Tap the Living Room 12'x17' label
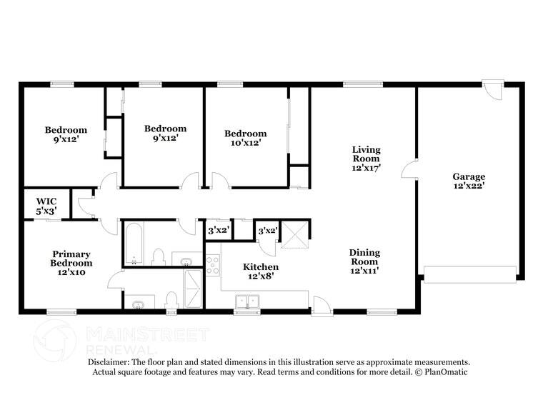[366, 159]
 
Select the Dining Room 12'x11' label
[364, 261]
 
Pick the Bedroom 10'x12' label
[245, 138]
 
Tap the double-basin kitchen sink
[248, 301]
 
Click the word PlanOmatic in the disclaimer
[447, 372]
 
